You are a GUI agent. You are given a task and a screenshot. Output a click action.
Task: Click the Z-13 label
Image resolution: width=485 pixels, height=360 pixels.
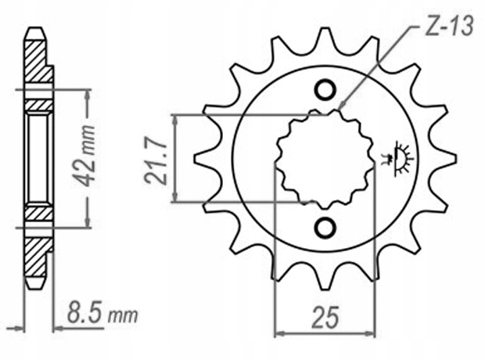pos(448,30)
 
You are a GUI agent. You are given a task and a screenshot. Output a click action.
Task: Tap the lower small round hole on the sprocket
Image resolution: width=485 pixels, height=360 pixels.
pos(324,227)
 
